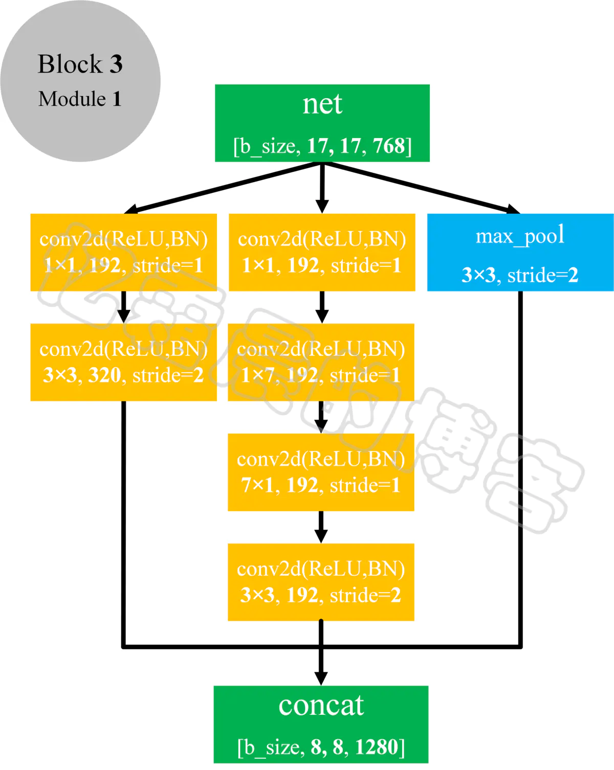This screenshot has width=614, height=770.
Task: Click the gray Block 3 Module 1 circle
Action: pyautogui.click(x=80, y=81)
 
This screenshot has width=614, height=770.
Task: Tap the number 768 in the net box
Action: pyautogui.click(x=389, y=146)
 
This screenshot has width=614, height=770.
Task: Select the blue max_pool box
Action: pyautogui.click(x=520, y=252)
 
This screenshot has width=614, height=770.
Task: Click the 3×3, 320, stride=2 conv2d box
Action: pyautogui.click(x=123, y=362)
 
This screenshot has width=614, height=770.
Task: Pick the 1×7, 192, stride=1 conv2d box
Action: pyautogui.click(x=321, y=362)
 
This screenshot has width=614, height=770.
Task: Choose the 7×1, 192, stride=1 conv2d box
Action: pyautogui.click(x=321, y=472)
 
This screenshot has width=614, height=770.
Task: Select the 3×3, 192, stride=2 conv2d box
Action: pyautogui.click(x=321, y=582)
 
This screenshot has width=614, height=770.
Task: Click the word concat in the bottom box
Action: pyautogui.click(x=321, y=706)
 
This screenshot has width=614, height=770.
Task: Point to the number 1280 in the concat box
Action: pyautogui.click(x=376, y=747)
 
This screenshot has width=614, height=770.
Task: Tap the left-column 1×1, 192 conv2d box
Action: pyautogui.click(x=123, y=252)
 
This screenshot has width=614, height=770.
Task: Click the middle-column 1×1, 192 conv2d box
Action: pyautogui.click(x=322, y=252)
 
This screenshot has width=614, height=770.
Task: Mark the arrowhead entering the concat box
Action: pyautogui.click(x=321, y=678)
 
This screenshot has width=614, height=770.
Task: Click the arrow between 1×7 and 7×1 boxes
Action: pyautogui.click(x=321, y=417)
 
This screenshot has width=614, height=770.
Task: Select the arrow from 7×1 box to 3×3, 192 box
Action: pyautogui.click(x=321, y=527)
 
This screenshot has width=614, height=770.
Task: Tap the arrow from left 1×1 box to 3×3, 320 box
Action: pyautogui.click(x=123, y=307)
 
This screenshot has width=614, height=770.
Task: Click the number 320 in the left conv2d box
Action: pyautogui.click(x=104, y=375)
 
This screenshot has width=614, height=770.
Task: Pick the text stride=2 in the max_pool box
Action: pyautogui.click(x=542, y=276)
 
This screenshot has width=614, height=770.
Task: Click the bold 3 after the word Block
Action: pyautogui.click(x=116, y=64)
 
